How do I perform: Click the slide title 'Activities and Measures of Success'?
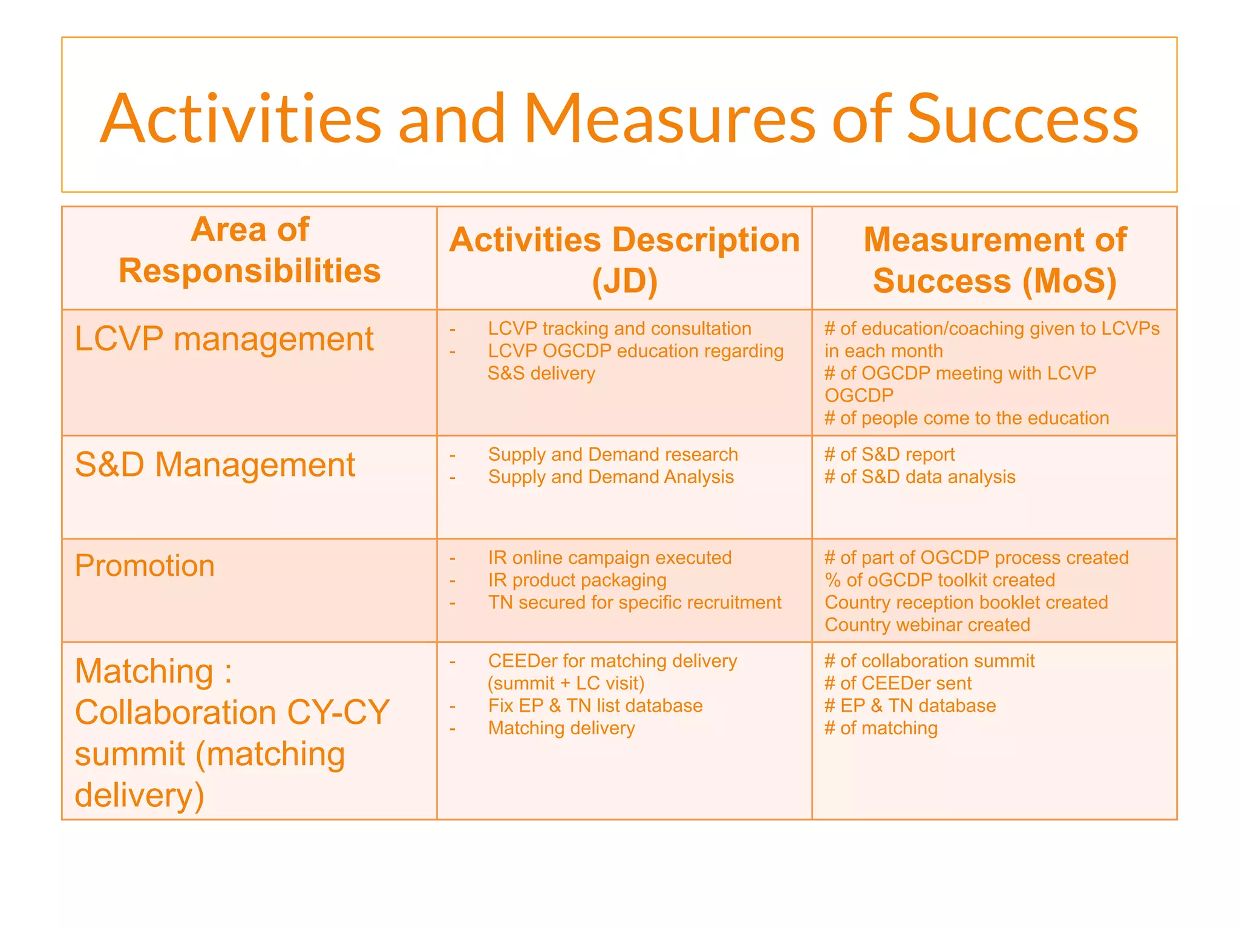(x=619, y=119)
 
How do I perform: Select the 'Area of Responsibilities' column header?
(x=249, y=250)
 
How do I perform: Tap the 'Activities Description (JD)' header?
(x=624, y=260)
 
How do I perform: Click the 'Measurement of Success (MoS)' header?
(x=995, y=260)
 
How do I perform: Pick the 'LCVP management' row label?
(x=224, y=339)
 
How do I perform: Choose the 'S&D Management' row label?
(x=215, y=465)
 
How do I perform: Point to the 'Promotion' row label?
(x=145, y=566)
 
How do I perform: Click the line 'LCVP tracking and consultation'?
(x=619, y=328)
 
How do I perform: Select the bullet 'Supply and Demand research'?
(x=613, y=454)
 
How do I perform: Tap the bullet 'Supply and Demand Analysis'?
(x=610, y=477)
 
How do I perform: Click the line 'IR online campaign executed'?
(x=610, y=557)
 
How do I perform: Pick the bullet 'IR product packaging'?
(x=577, y=579)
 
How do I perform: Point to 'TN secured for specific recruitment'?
(x=635, y=602)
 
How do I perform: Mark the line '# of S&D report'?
(x=889, y=454)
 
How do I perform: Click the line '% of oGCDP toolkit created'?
(x=940, y=579)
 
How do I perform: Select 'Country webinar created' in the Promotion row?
(x=927, y=624)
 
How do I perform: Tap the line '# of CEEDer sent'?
(x=898, y=683)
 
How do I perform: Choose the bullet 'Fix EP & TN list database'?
(x=595, y=705)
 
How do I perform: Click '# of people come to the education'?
(x=967, y=418)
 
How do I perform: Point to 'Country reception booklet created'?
(x=966, y=602)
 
